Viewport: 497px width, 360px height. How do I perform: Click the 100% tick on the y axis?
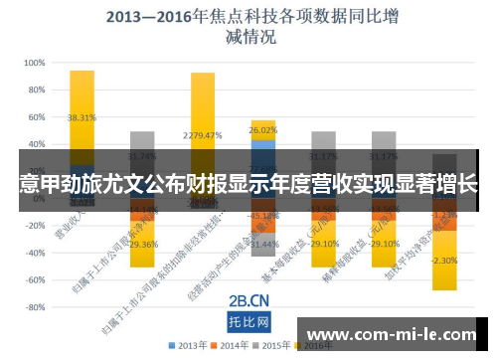[x=33, y=62]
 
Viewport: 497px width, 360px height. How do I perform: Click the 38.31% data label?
[x=82, y=117]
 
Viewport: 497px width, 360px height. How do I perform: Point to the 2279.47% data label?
[x=202, y=135]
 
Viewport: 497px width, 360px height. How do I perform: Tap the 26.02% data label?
[x=263, y=130]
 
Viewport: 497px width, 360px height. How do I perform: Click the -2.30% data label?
[x=444, y=261]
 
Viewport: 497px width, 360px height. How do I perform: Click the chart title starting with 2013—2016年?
[x=248, y=27]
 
